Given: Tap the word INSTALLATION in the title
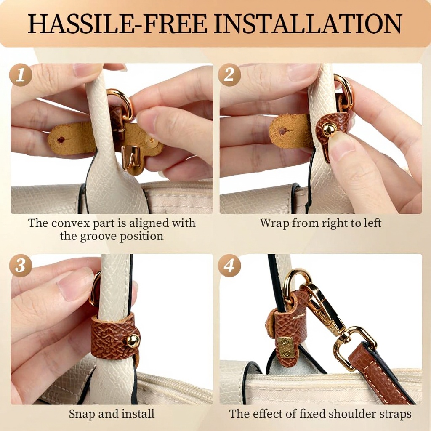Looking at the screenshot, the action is pyautogui.click(x=309, y=24).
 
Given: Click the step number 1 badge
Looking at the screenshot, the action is pyautogui.click(x=21, y=75).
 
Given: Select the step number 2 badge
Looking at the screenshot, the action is pyautogui.click(x=229, y=75).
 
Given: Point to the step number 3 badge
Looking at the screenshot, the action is pyautogui.click(x=21, y=266).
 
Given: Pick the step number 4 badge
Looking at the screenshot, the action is pyautogui.click(x=229, y=266).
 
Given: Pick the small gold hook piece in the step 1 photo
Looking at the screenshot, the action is pyautogui.click(x=129, y=157).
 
